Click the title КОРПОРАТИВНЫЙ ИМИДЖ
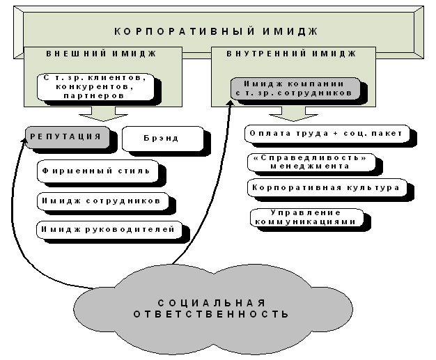215,31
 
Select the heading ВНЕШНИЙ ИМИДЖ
101,54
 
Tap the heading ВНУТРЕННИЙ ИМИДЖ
292,54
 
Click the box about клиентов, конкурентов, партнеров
96,86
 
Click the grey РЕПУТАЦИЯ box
68,137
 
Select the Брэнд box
162,138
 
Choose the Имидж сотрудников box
102,201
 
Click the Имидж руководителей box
110,229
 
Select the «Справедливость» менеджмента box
307,162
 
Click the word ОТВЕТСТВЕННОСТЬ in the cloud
211,315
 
